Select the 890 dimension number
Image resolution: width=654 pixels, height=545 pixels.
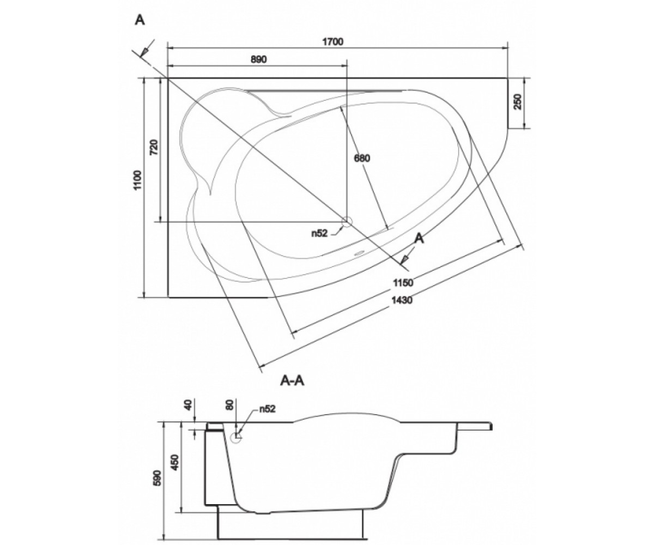(259, 59)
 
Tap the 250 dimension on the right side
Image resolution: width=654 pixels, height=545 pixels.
(517, 102)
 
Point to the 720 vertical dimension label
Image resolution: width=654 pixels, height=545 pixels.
(154, 147)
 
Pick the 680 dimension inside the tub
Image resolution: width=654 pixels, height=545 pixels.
(362, 159)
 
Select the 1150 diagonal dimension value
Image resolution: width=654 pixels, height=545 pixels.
(403, 283)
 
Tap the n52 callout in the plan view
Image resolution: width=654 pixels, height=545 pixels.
(319, 233)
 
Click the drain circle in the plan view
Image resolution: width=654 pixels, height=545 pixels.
(347, 221)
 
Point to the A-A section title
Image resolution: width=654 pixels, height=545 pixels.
(293, 381)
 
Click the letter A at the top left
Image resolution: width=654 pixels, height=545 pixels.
(140, 20)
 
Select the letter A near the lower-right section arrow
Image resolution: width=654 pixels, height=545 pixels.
(420, 239)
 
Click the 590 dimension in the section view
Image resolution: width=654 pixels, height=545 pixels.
(158, 478)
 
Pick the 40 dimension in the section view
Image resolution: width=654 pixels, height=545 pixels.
(188, 405)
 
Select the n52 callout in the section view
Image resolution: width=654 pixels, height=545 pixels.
(267, 409)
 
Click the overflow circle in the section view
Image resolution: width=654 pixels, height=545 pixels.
(235, 437)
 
